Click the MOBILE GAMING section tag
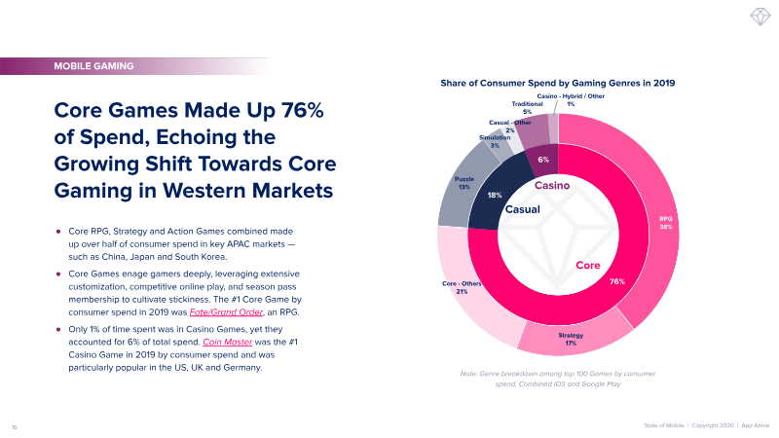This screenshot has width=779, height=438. point(94,66)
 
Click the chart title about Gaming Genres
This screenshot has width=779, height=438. point(558,85)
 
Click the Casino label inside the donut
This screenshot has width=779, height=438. point(551,185)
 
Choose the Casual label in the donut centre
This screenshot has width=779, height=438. point(522,208)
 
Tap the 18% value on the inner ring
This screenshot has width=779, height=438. point(495,195)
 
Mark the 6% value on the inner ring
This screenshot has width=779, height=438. point(543,160)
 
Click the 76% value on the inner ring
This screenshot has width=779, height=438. point(616,281)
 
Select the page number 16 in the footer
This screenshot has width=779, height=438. point(15,426)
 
